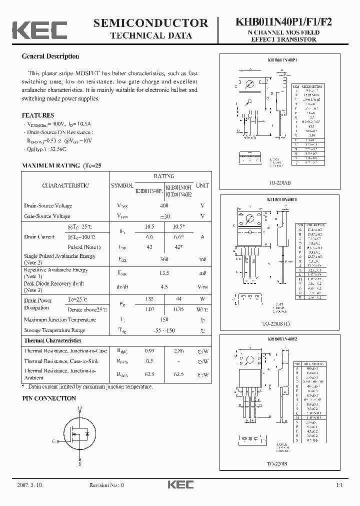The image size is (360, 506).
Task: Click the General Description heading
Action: (x=50, y=56)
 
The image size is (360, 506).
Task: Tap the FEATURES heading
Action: (x=38, y=115)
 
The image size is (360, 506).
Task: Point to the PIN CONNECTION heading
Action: (x=49, y=398)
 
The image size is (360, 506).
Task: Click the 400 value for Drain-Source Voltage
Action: (x=163, y=205)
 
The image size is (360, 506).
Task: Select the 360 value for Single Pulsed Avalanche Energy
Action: (x=163, y=259)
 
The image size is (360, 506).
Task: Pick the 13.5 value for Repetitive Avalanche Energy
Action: (x=163, y=273)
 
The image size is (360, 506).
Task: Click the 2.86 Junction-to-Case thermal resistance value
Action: (x=179, y=351)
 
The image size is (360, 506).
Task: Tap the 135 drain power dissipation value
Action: (x=149, y=298)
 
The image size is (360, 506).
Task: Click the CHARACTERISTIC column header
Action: (x=65, y=185)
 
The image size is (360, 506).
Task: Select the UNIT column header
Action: (x=202, y=185)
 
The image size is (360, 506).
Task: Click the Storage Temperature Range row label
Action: (x=54, y=330)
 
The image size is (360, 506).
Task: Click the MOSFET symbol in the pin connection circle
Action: (x=80, y=433)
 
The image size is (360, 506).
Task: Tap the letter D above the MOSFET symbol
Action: (x=80, y=408)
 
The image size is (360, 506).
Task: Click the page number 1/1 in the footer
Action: (x=339, y=485)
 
